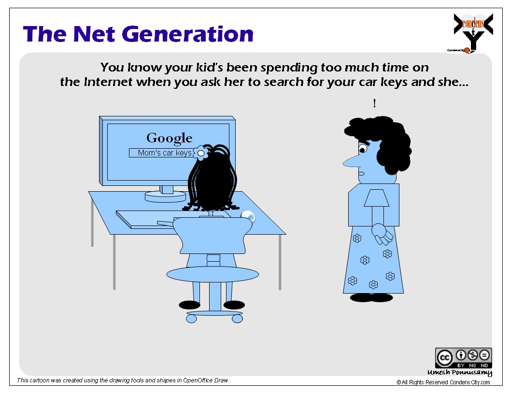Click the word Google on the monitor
(169, 138)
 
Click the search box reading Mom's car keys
(162, 153)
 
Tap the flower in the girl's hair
(201, 153)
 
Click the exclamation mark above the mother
(375, 103)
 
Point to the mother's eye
(363, 149)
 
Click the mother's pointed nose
(351, 162)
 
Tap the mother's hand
(382, 234)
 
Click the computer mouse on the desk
(248, 216)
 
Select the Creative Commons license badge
(464, 358)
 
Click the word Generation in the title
(188, 34)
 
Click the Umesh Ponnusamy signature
(460, 373)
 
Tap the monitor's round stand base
(165, 197)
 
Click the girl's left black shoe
(190, 305)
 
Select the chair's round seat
(212, 275)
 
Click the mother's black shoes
(371, 297)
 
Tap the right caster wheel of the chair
(238, 319)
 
